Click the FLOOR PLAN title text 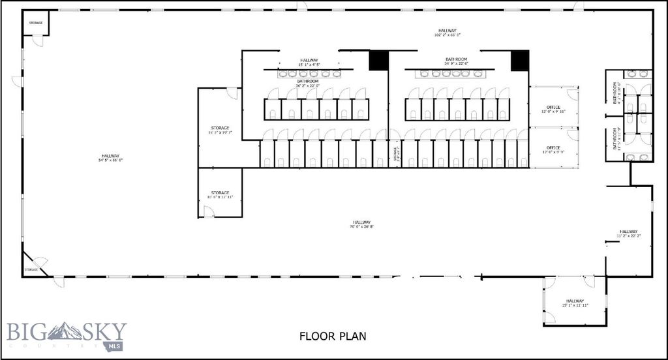333,337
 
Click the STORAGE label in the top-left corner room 35,23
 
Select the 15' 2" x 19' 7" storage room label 220,130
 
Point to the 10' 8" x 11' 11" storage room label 220,194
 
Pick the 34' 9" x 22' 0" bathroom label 456,61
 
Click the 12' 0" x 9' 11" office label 553,109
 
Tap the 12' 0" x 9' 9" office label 553,149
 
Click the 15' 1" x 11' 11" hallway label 575,303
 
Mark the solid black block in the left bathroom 378,60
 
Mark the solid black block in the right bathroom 519,60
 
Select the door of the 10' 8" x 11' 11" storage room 209,212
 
